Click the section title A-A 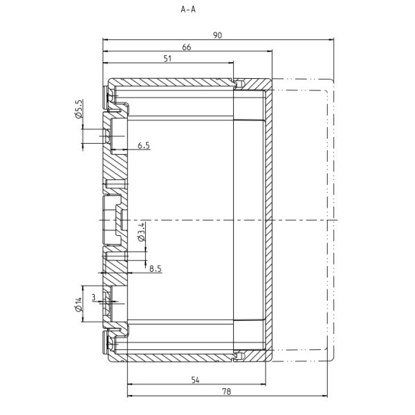(x=188, y=10)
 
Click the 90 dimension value (x=218, y=35)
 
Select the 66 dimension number (x=187, y=47)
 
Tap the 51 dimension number (x=167, y=59)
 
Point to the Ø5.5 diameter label (x=79, y=109)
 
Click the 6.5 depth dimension (x=144, y=145)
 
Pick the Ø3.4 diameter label (x=141, y=232)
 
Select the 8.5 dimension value (x=156, y=269)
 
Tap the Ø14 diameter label (x=79, y=304)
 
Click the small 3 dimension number (x=93, y=297)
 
